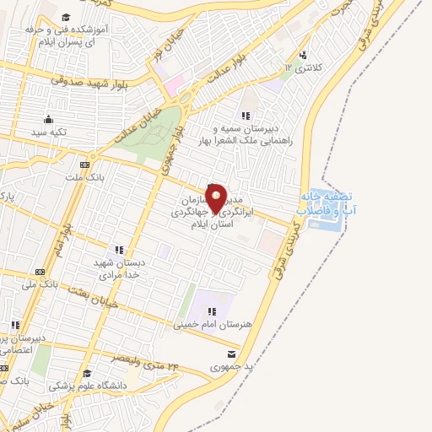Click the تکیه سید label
[48, 132]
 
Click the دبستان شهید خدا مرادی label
[119, 269]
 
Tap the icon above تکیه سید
[48, 118]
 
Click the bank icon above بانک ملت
[84, 165]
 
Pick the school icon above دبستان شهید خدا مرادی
[119, 249]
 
